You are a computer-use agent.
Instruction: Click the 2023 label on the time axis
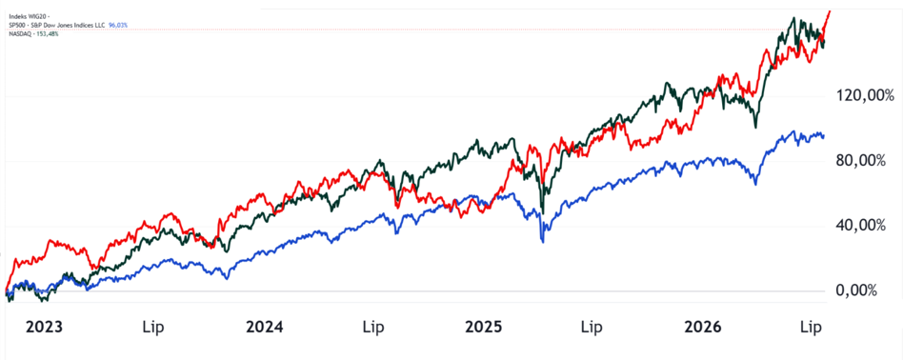pyautogui.click(x=45, y=328)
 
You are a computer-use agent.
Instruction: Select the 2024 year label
pyautogui.click(x=265, y=328)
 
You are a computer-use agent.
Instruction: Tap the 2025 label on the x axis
pyautogui.click(x=484, y=328)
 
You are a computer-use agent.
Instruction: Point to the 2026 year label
pyautogui.click(x=703, y=328)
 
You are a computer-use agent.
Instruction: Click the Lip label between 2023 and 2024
pyautogui.click(x=152, y=329)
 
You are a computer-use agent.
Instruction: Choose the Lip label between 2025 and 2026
pyautogui.click(x=592, y=329)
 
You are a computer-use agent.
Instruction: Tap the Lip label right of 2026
pyautogui.click(x=812, y=329)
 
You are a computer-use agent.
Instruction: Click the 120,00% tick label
pyautogui.click(x=860, y=95)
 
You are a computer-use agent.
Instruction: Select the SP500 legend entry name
pyautogui.click(x=16, y=26)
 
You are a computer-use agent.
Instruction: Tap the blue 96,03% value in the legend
pyautogui.click(x=118, y=26)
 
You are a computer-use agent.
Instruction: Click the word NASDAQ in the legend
pyautogui.click(x=18, y=33)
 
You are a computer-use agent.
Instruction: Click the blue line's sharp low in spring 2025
pyautogui.click(x=543, y=242)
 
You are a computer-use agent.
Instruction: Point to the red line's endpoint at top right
pyautogui.click(x=830, y=10)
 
